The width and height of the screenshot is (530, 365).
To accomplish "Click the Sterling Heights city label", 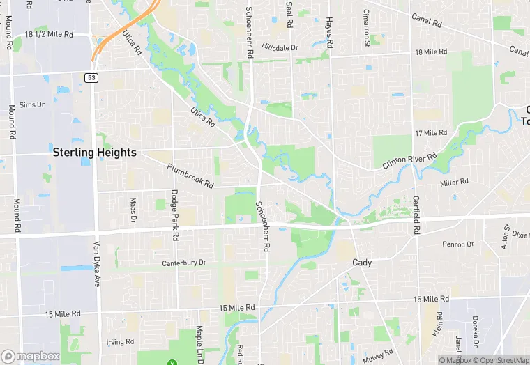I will click(x=94, y=151).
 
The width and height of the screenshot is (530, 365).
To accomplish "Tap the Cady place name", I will click(x=362, y=263).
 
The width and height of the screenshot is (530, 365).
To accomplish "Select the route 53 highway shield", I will click(x=91, y=77).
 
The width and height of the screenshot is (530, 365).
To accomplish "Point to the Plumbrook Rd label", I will click(x=190, y=176).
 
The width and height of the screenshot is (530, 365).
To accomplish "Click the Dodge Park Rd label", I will click(x=175, y=215).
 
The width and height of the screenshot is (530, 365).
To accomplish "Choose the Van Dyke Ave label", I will click(x=96, y=265).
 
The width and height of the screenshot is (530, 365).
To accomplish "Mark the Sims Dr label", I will click(x=31, y=104).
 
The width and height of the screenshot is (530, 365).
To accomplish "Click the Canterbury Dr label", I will click(x=184, y=263).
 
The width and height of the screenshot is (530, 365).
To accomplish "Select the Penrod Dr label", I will click(x=458, y=244).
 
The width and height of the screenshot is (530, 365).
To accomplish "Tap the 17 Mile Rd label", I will click(x=430, y=132).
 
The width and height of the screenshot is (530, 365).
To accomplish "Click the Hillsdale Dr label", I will click(x=280, y=47).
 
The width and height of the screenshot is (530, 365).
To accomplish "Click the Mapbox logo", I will click(x=30, y=356).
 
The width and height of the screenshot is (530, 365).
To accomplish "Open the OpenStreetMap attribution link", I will click(x=500, y=360).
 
